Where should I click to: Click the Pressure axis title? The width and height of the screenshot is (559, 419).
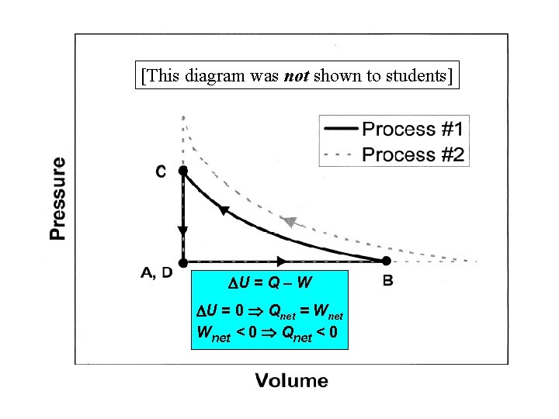pos(58,199)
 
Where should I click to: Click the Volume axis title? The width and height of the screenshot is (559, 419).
pos(292,381)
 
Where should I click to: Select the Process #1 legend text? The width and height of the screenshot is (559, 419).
pos(413,129)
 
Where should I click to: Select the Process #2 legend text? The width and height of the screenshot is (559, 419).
pos(413,154)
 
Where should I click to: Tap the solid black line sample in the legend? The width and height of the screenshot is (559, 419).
pos(339,129)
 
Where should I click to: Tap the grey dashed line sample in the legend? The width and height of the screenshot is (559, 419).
pos(339,154)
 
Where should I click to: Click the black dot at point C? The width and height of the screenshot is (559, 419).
pos(183,170)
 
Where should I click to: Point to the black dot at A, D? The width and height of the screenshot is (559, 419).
pos(183,262)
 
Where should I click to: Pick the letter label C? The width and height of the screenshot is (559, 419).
pos(161,171)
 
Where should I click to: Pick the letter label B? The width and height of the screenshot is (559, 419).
pos(387,280)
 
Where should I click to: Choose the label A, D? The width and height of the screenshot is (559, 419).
pos(158,272)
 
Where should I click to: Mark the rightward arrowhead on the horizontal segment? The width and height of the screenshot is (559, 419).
pos(281,262)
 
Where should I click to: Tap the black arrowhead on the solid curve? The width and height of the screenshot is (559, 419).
pos(224,209)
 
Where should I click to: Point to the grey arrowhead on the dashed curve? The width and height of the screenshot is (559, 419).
pos(290,222)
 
